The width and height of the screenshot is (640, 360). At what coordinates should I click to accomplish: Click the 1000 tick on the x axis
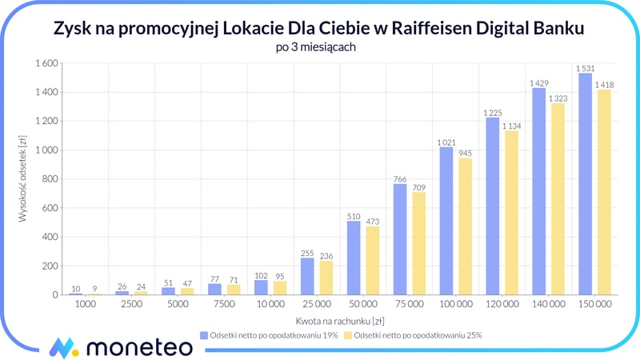tap(86, 305)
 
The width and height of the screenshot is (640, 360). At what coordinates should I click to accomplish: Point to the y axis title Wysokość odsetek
tap(25, 178)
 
